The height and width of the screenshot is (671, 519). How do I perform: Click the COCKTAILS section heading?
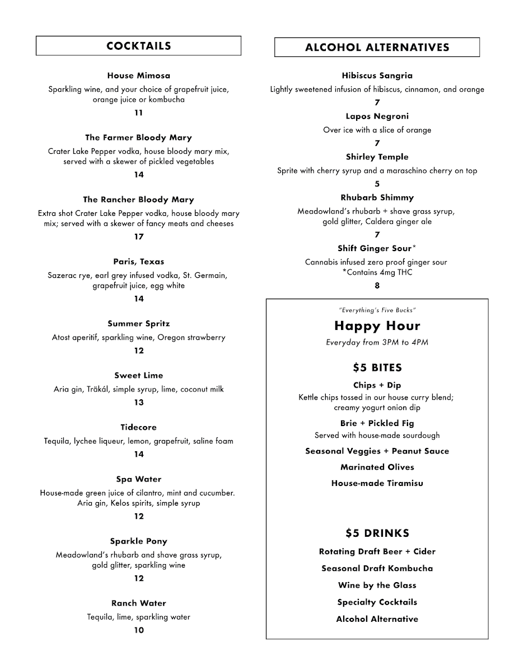(138, 46)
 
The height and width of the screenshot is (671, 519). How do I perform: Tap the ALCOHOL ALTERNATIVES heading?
(377, 48)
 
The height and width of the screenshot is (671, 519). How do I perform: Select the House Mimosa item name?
(138, 75)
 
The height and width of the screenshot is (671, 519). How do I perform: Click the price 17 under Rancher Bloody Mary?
(138, 237)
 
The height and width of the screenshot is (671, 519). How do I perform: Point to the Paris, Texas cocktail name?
(138, 262)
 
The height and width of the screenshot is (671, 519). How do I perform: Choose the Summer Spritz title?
(138, 324)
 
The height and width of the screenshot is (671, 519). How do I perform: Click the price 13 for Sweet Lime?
(138, 403)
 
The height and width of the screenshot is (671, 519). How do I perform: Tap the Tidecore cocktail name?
(138, 428)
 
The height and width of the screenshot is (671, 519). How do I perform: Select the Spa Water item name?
(138, 479)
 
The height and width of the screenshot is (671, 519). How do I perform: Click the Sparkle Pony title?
(138, 541)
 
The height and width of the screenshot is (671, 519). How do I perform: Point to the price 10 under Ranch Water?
(138, 630)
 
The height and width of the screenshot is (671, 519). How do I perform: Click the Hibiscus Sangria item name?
(377, 75)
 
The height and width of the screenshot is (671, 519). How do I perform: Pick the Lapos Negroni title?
(377, 116)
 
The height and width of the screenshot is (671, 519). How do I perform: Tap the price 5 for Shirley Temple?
(377, 184)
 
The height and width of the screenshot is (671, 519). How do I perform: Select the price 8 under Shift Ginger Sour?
(377, 286)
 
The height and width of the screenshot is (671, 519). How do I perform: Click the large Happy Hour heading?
(377, 325)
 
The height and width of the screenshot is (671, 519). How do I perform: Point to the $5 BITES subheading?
(377, 367)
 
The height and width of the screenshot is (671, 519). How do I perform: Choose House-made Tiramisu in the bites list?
(377, 483)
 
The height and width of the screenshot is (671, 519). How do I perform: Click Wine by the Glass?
(377, 585)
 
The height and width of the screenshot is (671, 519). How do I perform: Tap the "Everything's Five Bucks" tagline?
(377, 310)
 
